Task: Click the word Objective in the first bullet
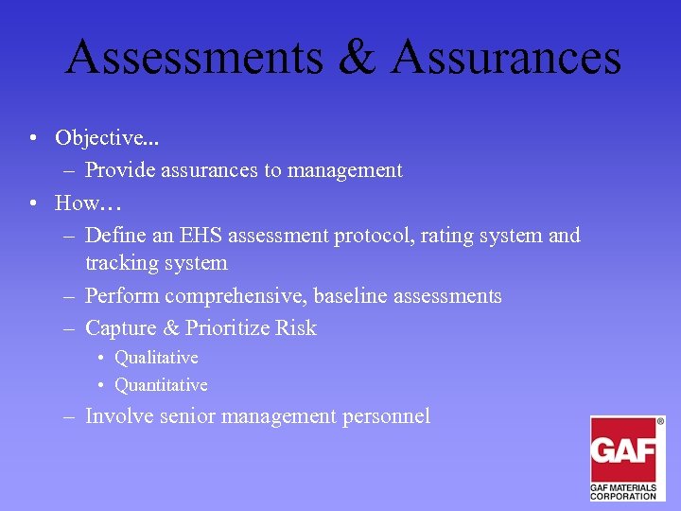click(x=97, y=138)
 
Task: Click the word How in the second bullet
click(x=77, y=203)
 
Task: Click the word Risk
click(x=296, y=328)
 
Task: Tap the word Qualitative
click(x=156, y=358)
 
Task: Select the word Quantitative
click(x=161, y=385)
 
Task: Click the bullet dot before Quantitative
click(x=100, y=386)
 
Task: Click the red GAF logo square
click(x=623, y=449)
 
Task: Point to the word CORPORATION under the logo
click(x=623, y=495)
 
